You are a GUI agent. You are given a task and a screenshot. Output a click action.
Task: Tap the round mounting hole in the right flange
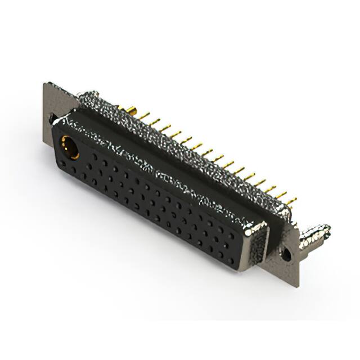286,254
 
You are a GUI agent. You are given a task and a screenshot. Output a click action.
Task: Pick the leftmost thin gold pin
145,116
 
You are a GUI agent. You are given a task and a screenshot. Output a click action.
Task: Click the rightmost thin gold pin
291,201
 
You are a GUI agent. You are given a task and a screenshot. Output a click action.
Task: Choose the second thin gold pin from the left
156,121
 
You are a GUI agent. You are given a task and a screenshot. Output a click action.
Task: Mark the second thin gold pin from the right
281,195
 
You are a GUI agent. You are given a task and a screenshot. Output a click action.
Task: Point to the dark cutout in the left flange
52,119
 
